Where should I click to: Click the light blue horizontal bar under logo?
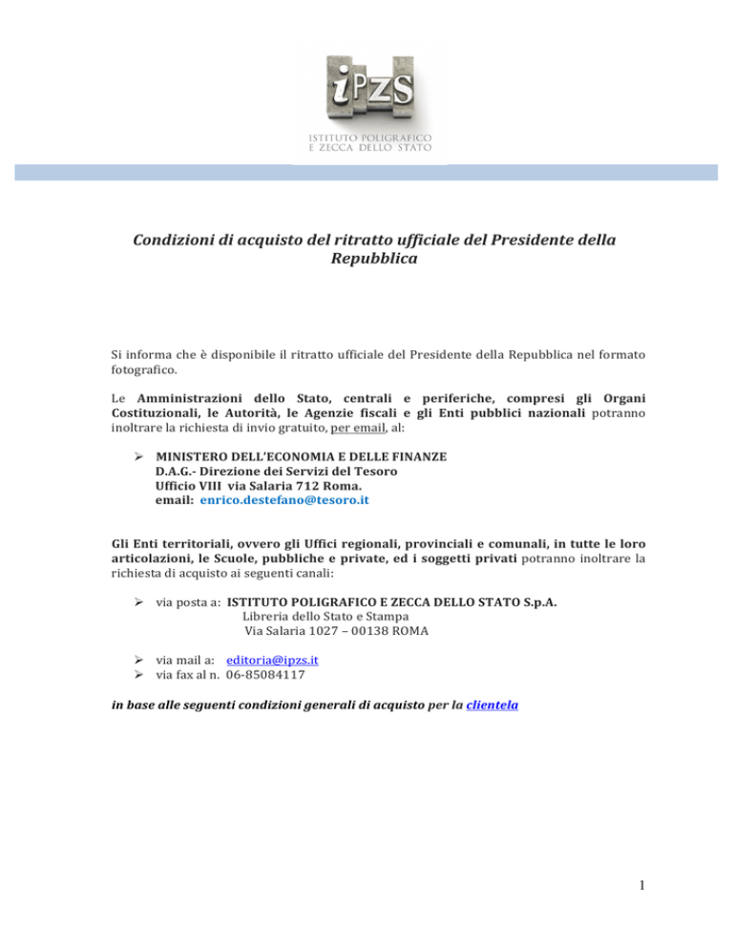(x=366, y=172)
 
